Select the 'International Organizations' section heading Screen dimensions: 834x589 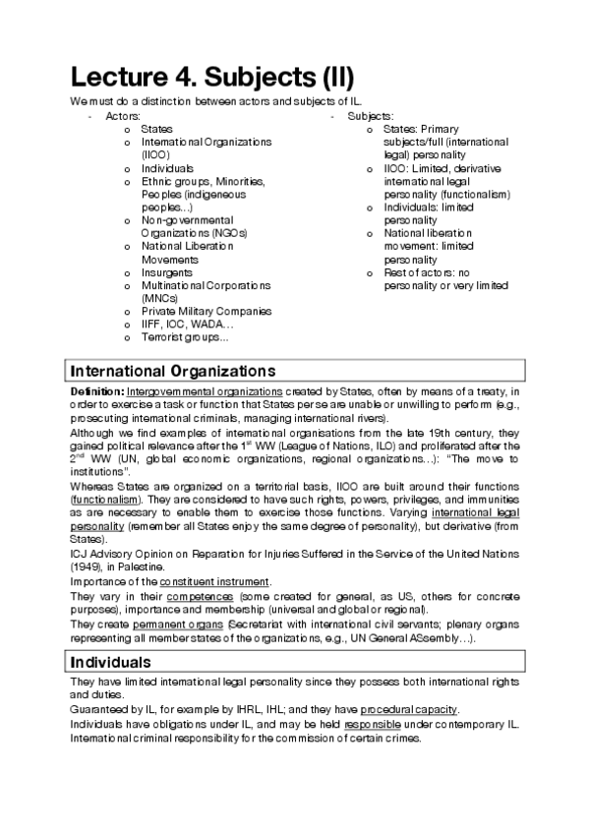[x=170, y=371]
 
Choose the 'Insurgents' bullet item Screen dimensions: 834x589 [x=167, y=272]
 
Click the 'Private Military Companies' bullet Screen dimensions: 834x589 [x=206, y=311]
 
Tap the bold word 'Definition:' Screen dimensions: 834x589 [x=95, y=390]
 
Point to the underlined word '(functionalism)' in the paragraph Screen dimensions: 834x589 [x=103, y=500]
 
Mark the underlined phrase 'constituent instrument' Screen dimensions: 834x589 [x=225, y=583]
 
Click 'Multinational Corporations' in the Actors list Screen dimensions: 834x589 [x=205, y=285]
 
